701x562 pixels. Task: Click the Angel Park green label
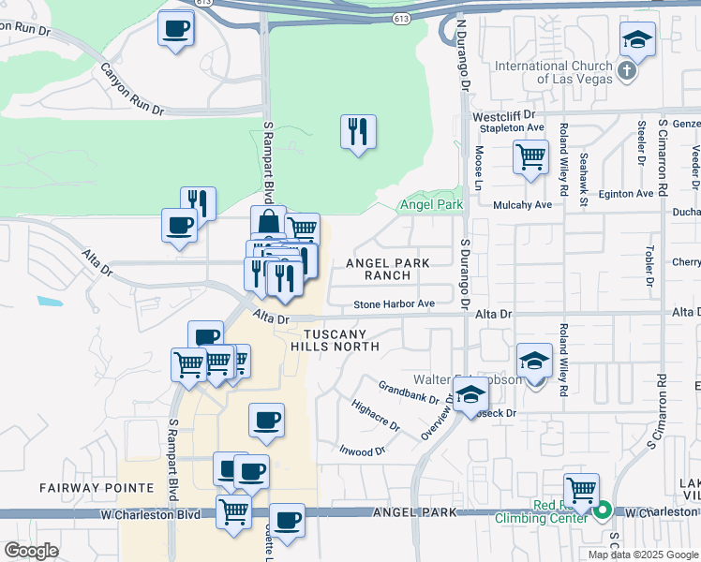point(431,204)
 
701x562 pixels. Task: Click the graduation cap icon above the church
point(637,40)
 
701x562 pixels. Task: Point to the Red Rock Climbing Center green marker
point(604,511)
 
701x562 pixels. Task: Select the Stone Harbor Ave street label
point(394,303)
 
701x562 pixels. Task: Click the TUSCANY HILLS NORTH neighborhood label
point(335,340)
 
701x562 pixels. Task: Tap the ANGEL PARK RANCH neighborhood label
point(391,270)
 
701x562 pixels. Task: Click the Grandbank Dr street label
point(409,391)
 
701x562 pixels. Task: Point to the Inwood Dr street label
point(363,451)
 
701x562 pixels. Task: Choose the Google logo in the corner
point(30,551)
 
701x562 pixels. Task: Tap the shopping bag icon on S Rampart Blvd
point(268,223)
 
